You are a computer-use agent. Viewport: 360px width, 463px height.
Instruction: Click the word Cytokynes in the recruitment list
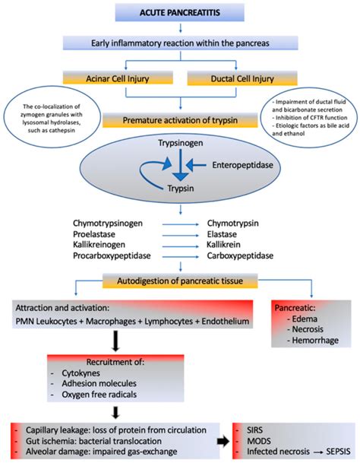point(84,374)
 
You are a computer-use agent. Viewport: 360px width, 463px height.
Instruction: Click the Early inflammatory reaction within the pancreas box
point(179,44)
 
